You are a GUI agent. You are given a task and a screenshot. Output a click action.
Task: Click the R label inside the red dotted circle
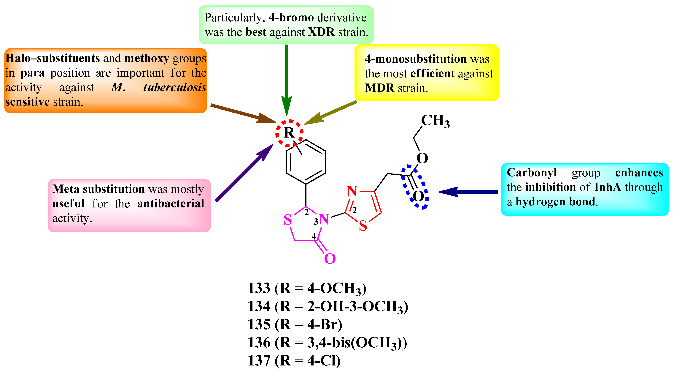click(x=289, y=133)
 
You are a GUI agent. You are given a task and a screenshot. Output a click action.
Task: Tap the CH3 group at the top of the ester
click(x=435, y=121)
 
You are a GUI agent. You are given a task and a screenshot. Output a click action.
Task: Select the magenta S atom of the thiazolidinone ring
click(x=287, y=220)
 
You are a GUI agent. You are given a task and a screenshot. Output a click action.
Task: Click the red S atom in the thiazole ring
click(x=363, y=226)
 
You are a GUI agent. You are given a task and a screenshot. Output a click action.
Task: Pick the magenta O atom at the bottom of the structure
click(x=330, y=258)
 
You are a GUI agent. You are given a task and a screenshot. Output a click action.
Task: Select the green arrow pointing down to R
click(x=287, y=79)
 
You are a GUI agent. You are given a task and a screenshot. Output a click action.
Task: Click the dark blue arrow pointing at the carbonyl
click(x=468, y=192)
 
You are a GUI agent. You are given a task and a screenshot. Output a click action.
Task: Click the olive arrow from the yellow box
click(x=331, y=113)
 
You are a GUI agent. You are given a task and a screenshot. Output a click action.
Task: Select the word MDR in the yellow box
click(x=379, y=88)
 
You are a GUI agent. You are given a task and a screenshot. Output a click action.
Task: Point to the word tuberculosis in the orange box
click(x=174, y=87)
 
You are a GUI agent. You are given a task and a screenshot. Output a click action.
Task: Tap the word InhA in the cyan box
click(x=608, y=187)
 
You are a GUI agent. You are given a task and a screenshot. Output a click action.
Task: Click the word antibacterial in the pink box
click(x=171, y=204)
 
